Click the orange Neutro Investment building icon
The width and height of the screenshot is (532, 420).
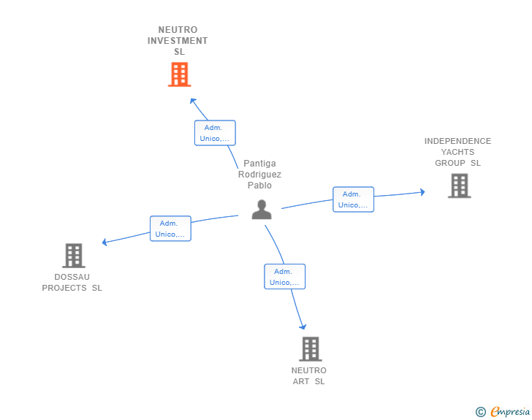[x=179, y=75]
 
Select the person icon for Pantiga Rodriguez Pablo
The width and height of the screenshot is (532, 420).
[x=261, y=210]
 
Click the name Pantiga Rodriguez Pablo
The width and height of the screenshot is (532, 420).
[x=259, y=175]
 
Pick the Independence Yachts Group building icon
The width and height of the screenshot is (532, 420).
[x=459, y=186]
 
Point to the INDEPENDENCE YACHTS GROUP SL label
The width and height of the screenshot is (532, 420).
[x=457, y=152]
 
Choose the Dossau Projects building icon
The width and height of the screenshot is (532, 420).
[x=73, y=256]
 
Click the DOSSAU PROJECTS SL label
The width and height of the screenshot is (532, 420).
[x=72, y=283]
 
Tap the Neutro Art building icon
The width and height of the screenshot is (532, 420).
[x=310, y=348]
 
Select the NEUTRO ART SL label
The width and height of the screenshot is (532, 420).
[x=309, y=376]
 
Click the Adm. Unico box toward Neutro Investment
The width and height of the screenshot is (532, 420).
[x=215, y=133]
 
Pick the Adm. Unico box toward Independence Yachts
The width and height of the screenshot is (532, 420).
[x=353, y=199]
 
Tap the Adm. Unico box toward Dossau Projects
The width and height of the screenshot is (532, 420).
[x=170, y=229]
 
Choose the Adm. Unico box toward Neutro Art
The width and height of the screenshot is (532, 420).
[x=284, y=277]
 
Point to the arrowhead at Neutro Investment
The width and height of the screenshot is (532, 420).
[x=192, y=100]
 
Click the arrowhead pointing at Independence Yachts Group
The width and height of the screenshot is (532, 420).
[x=422, y=192]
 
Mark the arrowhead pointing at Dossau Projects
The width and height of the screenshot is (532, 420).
[x=105, y=242]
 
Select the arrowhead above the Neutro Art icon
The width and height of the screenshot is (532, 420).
[x=303, y=327]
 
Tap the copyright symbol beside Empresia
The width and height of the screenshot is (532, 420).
[x=480, y=412]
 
